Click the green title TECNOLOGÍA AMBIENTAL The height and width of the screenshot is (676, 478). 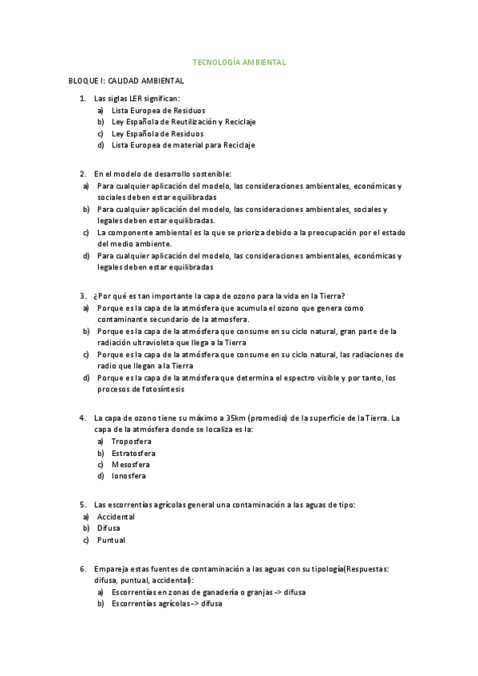tap(240, 62)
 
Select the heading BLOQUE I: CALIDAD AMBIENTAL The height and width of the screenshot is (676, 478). tap(126, 81)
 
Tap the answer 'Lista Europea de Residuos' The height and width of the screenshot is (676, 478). tap(158, 110)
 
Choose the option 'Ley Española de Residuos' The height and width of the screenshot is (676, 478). tap(157, 134)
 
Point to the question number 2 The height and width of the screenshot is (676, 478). tap(83, 174)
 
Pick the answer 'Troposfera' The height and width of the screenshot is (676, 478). tap(132, 441)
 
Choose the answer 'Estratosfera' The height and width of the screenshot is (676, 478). tap(133, 453)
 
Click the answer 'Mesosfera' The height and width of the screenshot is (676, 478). tap(131, 465)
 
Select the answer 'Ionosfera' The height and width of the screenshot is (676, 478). tap(128, 477)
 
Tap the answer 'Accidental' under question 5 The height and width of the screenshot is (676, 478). tap(116, 517)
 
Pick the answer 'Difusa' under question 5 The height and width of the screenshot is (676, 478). tap(109, 528)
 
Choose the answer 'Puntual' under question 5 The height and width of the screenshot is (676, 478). tap(111, 540)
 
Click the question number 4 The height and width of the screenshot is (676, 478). tap(83, 418)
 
